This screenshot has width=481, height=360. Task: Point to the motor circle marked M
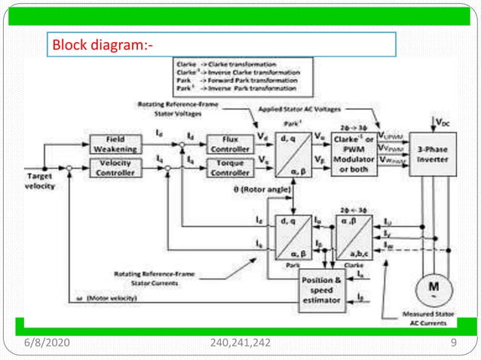coord(434,288)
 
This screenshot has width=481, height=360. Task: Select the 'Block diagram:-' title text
coord(103,46)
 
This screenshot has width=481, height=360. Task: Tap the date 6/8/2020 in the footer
coord(47,343)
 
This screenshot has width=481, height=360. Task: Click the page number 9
coord(453,343)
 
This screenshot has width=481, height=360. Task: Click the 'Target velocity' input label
coord(35,181)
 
